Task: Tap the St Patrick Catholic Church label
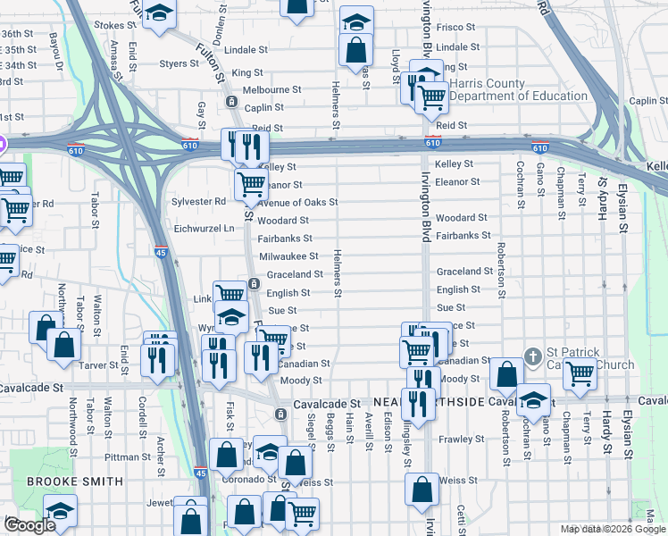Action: click(x=589, y=357)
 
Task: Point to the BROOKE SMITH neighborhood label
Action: click(x=75, y=482)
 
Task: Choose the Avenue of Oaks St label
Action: click(x=297, y=202)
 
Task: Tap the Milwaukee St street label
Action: click(x=288, y=256)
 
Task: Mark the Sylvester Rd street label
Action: click(x=198, y=202)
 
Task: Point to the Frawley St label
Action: click(x=460, y=439)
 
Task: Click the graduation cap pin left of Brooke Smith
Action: click(x=60, y=511)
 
